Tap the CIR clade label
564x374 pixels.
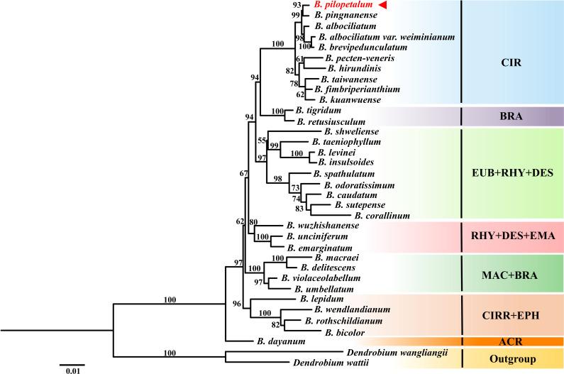(x=510, y=62)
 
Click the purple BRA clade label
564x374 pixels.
(x=510, y=116)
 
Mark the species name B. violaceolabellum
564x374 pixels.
(x=326, y=279)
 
